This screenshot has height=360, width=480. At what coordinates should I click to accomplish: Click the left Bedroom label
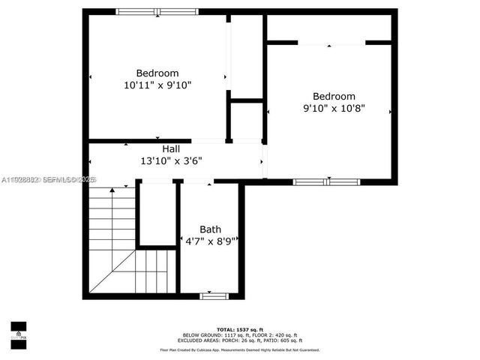coord(157,73)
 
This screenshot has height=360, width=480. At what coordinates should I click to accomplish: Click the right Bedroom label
coord(334,96)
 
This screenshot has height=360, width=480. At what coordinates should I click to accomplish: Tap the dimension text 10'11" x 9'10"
coord(157,85)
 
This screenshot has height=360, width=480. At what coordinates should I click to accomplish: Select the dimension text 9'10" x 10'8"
coord(334,108)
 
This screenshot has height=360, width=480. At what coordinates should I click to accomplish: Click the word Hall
coord(171,149)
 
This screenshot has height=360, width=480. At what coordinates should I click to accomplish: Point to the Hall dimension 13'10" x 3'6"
coord(171,160)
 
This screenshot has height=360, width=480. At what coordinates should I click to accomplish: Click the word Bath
coord(210,229)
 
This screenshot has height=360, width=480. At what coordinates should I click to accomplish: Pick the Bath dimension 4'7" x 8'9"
coord(211,241)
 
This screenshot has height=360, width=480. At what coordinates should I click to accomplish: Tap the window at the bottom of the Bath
coord(213,296)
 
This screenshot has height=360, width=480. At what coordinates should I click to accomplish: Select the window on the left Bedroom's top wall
coord(157,11)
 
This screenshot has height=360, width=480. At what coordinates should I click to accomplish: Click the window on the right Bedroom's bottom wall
coord(326,181)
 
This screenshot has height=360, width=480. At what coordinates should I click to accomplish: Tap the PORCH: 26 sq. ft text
coord(238,340)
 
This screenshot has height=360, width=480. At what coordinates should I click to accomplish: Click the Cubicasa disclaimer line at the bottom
coord(239,349)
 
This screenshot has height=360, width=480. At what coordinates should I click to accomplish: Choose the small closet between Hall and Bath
coord(157,214)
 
